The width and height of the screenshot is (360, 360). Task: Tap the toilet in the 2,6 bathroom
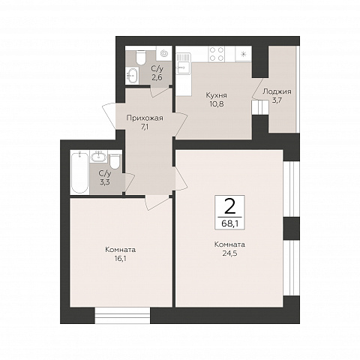[140, 58]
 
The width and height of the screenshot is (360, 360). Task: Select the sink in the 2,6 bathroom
[132, 75]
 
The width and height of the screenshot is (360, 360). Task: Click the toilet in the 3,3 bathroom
[115, 161]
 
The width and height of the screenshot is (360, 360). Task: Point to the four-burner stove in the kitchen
[217, 54]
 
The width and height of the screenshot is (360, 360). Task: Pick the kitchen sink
[183, 64]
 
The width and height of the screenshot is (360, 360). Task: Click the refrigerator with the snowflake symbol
[243, 54]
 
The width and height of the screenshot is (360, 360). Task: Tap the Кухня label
[217, 95]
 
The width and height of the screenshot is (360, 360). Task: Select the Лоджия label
[277, 91]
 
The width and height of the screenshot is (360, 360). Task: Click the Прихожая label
[145, 118]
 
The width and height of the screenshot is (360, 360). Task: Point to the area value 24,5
[229, 253]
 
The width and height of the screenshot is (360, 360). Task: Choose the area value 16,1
[121, 259]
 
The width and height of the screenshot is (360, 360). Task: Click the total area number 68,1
[229, 223]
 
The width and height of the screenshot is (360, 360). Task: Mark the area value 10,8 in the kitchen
[217, 103]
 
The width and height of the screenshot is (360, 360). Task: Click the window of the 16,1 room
[122, 316]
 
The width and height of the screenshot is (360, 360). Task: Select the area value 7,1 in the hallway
[145, 127]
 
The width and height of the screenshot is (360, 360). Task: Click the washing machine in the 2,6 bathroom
[164, 53]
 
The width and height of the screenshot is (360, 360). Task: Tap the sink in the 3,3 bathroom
[99, 157]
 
